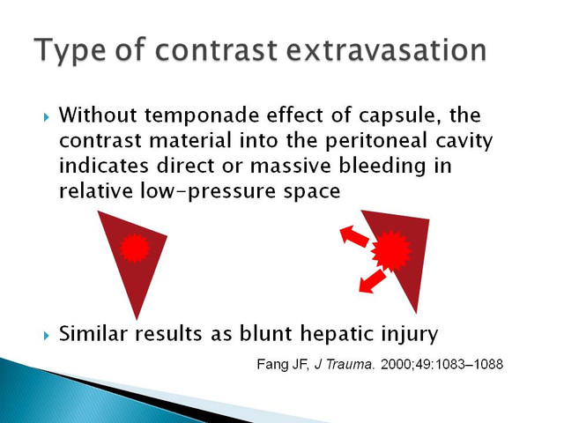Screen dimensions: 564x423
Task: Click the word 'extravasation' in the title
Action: [x=387, y=49]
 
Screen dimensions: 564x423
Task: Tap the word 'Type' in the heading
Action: [x=70, y=51]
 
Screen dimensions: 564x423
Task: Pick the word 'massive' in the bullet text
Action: [x=290, y=166]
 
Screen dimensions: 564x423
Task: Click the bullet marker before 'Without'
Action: [x=46, y=117]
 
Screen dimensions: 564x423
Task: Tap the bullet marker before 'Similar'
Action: [x=46, y=336]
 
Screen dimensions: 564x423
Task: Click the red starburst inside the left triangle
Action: [x=135, y=248]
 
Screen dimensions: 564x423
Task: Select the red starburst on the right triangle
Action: [x=391, y=251]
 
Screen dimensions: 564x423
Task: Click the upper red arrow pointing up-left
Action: [x=354, y=235]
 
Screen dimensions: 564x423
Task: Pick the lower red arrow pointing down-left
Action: [x=372, y=281]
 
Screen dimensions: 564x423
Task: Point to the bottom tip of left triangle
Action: [x=137, y=319]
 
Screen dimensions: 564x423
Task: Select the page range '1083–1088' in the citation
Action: [x=469, y=364]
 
